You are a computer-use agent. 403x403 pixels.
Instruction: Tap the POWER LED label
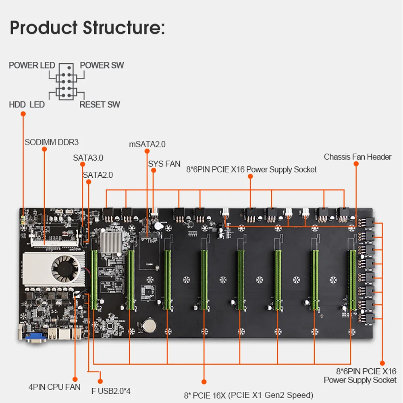point(32,65)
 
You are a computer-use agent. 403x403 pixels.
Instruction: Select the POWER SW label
point(102,65)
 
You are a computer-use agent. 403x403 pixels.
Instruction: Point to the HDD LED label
point(27,105)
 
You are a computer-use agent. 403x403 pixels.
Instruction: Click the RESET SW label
point(100,105)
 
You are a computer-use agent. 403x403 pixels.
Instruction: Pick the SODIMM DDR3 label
point(52,142)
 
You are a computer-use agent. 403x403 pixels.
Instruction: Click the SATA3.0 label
point(88,158)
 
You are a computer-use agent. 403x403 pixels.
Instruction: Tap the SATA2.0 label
point(98,175)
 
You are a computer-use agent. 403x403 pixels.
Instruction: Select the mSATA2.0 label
point(147,144)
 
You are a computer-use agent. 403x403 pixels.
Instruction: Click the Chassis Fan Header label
point(357,157)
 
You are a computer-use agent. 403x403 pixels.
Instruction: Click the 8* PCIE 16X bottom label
point(248,395)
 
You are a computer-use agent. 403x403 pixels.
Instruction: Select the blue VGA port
point(35,339)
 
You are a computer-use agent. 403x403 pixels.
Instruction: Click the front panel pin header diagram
point(66,82)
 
